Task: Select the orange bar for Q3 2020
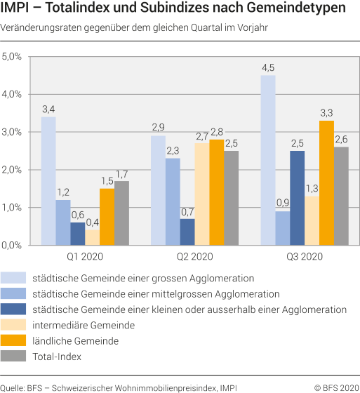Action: pyautogui.click(x=326, y=183)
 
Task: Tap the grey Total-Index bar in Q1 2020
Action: pyautogui.click(x=122, y=213)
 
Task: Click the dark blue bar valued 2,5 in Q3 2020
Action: pyautogui.click(x=297, y=198)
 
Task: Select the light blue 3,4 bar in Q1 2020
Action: pyautogui.click(x=48, y=181)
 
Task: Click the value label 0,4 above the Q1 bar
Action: pyautogui.click(x=92, y=222)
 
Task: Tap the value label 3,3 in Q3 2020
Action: pyautogui.click(x=326, y=112)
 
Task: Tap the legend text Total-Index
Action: pyautogui.click(x=57, y=357)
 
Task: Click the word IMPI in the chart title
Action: pyautogui.click(x=17, y=10)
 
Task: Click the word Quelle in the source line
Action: pyautogui.click(x=13, y=385)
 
